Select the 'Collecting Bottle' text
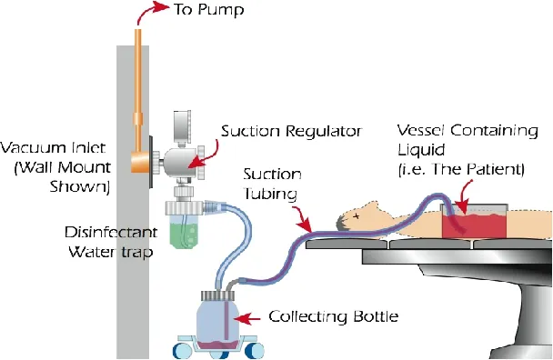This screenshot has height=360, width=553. tap(333, 317)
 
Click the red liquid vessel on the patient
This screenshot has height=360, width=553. tap(474, 222)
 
